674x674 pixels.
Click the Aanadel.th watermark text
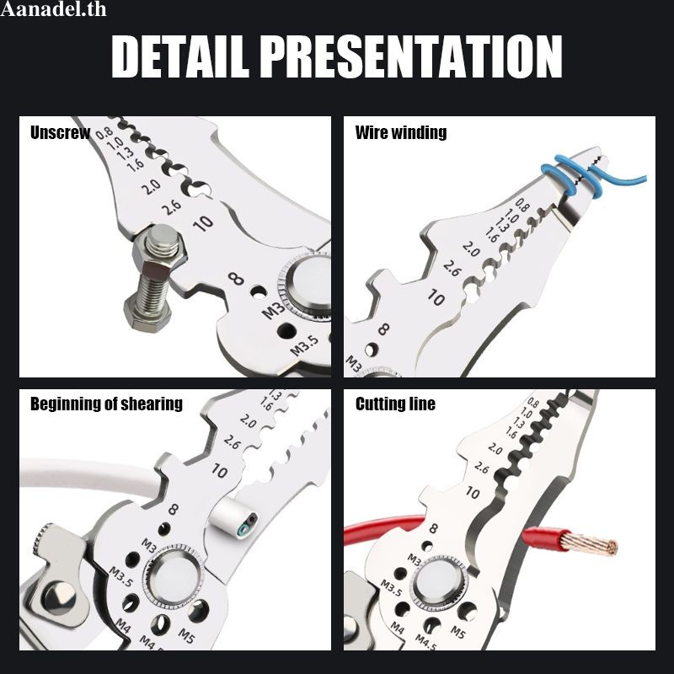pos(53,9)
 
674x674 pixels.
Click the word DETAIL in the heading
pos(180,56)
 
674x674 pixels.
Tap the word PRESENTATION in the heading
pos(411,56)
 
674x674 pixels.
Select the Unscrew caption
pos(60,133)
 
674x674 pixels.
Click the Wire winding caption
pos(401,133)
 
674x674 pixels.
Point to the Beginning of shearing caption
pos(106,404)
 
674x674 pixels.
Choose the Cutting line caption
pos(395,404)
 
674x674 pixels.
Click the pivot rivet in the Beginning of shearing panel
pos(174,577)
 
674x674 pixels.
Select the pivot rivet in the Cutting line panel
pos(438,583)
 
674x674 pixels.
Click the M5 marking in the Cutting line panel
pos(458,632)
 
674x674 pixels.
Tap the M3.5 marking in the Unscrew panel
pos(305,345)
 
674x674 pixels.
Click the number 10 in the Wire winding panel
pos(436,297)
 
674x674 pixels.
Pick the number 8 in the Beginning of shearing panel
pos(174,510)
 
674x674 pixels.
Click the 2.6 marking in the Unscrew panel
pos(172,206)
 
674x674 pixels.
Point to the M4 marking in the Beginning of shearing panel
pos(123,626)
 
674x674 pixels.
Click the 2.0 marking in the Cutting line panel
pos(495,449)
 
